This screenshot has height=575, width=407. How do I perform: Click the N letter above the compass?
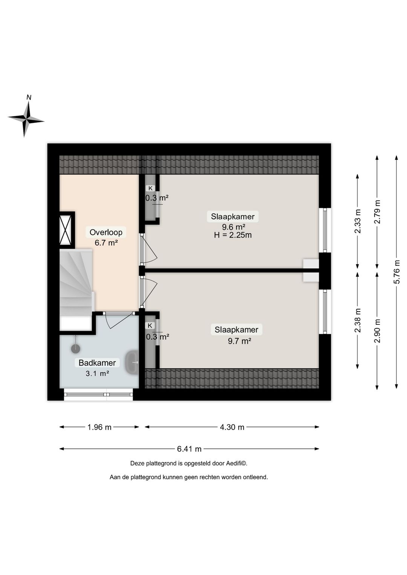click(29, 97)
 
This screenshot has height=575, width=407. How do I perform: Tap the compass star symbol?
click(26, 119)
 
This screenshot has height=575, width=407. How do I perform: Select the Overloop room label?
click(106, 232)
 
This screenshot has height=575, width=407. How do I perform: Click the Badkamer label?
click(97, 363)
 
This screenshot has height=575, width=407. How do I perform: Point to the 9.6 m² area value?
click(233, 227)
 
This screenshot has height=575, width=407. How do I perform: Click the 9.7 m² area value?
click(239, 341)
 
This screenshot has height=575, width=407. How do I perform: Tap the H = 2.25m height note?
click(233, 235)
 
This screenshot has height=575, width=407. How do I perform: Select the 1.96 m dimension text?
click(99, 427)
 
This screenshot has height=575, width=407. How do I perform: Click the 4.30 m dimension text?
click(232, 427)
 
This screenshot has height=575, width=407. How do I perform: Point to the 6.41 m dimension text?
click(189, 449)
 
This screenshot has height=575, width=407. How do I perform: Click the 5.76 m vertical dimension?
click(397, 272)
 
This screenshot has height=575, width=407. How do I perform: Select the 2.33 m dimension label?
click(358, 221)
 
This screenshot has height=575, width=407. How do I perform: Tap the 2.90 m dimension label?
click(377, 331)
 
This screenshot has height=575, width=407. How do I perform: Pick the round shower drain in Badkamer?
click(75, 349)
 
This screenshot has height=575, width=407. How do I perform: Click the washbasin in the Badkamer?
click(132, 362)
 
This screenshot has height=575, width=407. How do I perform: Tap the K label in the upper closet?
click(150, 188)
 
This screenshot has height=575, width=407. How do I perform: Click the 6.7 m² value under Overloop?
click(106, 243)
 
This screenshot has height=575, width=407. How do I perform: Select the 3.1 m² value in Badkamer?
click(97, 373)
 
